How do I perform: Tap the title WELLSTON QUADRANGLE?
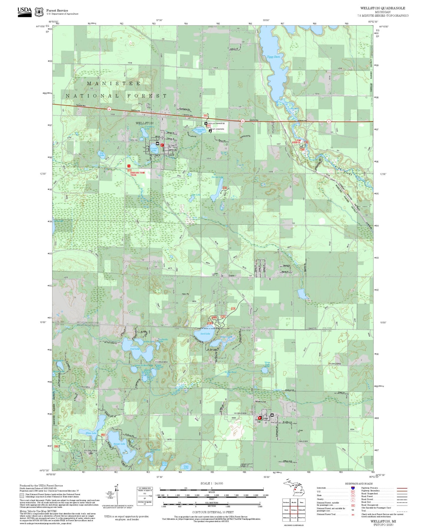(382, 8)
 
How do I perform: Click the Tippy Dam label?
(273, 57)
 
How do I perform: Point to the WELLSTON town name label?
(144, 123)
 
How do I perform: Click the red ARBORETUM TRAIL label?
(137, 174)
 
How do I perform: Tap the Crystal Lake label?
(154, 149)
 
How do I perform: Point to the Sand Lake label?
(205, 334)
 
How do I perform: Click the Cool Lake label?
(135, 349)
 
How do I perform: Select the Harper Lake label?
(119, 444)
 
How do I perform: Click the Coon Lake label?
(186, 467)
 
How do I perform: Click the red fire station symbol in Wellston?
(162, 145)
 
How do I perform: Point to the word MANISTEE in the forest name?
(114, 84)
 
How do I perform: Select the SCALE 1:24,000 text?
(212, 483)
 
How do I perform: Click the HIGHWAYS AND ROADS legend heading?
(358, 484)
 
